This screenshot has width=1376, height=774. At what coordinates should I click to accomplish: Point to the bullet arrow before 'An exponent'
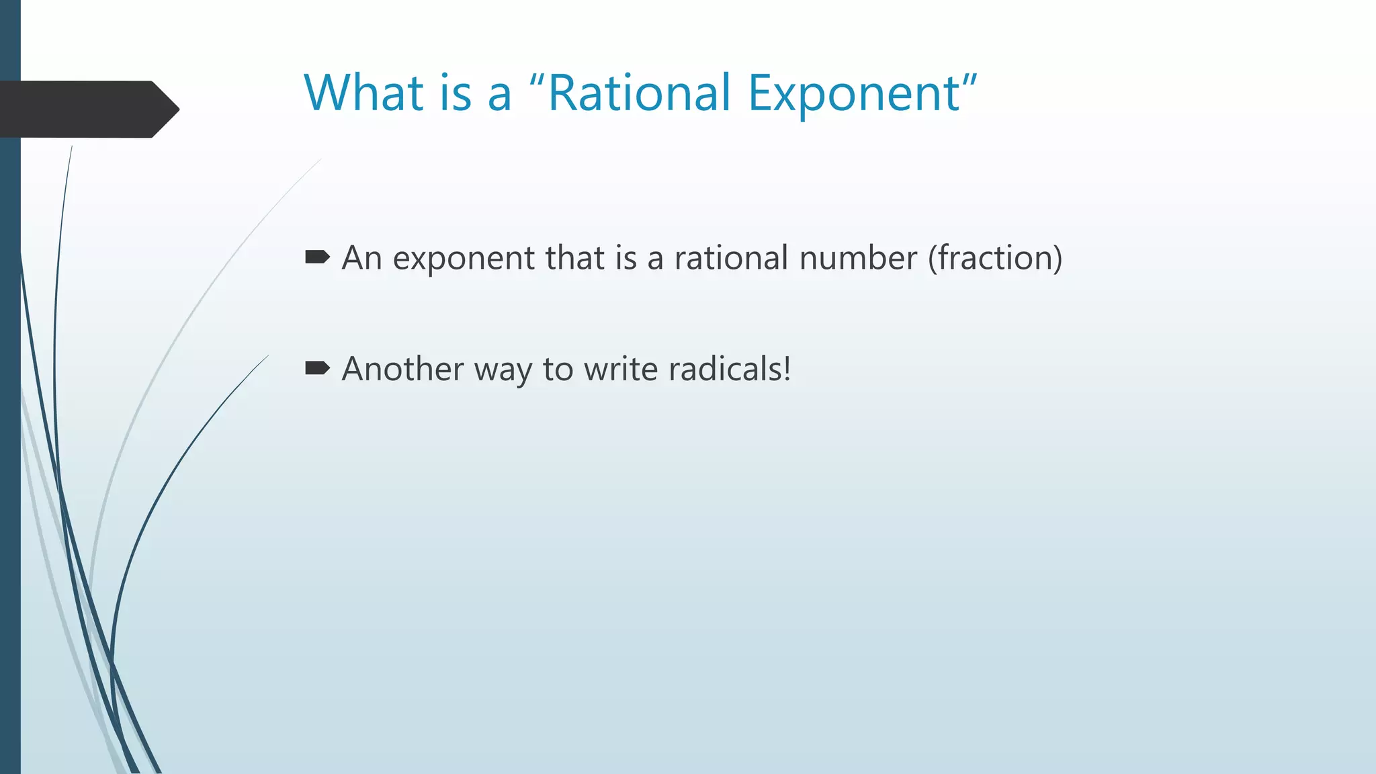(x=317, y=257)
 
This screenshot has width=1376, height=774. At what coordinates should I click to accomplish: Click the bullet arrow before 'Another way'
(x=317, y=368)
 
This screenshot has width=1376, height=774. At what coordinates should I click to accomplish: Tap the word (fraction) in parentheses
(x=995, y=259)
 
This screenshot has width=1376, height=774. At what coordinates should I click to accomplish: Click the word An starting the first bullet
(x=361, y=258)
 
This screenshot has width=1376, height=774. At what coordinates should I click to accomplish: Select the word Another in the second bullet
(x=402, y=369)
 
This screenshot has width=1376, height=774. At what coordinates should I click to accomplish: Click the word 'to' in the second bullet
(x=557, y=370)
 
